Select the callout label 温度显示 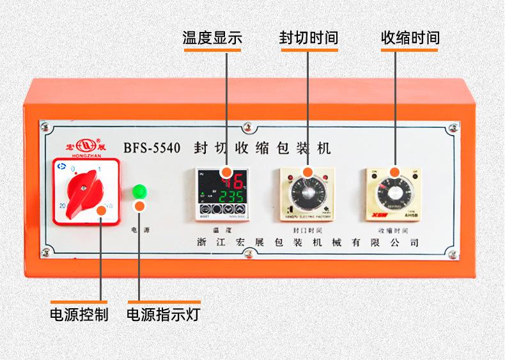click(212, 38)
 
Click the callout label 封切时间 click(308, 38)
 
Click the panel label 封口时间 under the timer click(307, 228)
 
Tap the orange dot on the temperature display click(226, 171)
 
